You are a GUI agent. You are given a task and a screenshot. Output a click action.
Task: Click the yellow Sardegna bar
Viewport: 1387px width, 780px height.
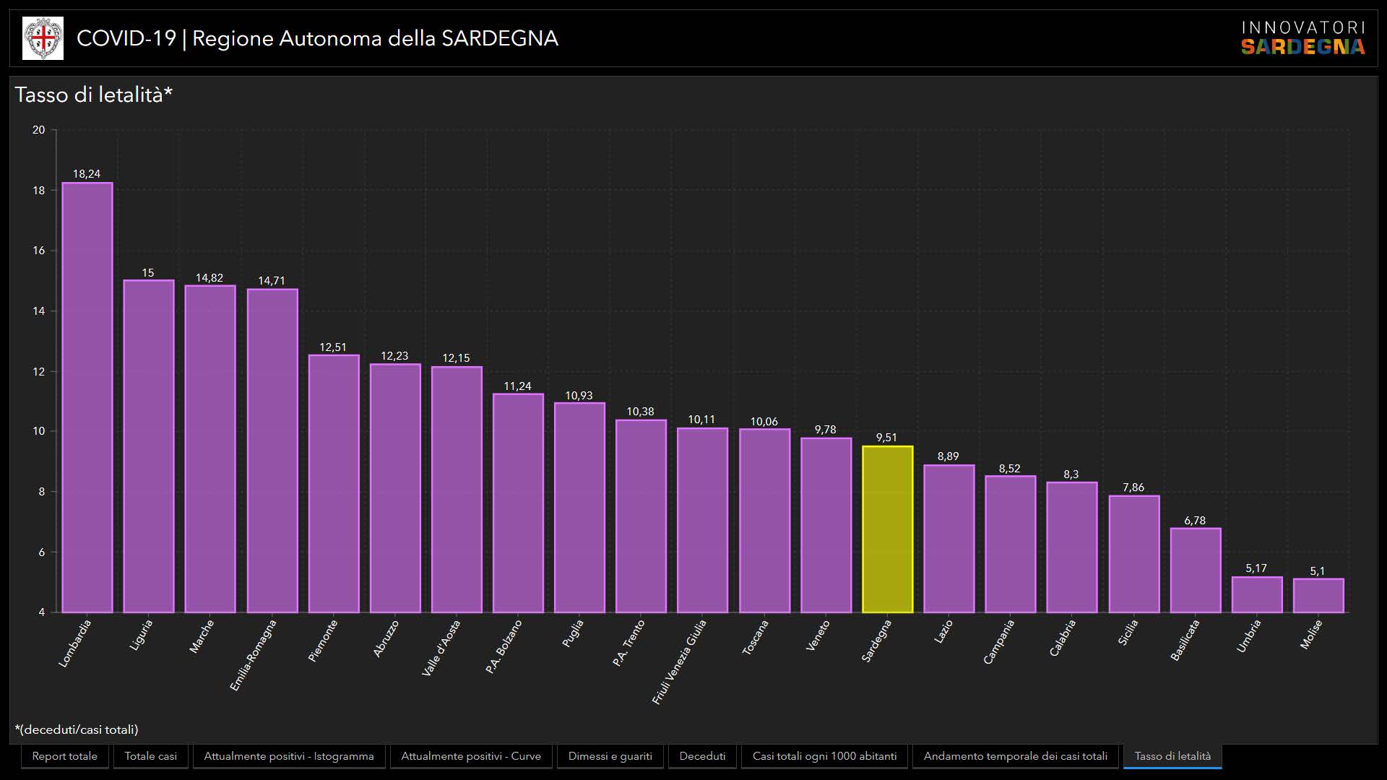[x=887, y=529]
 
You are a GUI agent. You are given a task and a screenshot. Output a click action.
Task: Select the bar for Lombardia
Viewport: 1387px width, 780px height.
[x=87, y=397]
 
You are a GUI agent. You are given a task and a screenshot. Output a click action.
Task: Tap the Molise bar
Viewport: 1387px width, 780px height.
[x=1318, y=595]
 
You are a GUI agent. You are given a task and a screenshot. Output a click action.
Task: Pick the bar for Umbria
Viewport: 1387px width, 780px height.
[x=1257, y=594]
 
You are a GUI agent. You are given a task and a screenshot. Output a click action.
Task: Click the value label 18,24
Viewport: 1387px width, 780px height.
[x=87, y=174]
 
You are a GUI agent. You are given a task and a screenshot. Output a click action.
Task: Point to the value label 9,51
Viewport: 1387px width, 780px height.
[x=886, y=438]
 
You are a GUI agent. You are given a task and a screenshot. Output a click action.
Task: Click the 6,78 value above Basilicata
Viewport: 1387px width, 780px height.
[x=1195, y=521]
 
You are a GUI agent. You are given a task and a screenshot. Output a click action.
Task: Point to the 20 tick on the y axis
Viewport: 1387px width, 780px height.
[x=39, y=130]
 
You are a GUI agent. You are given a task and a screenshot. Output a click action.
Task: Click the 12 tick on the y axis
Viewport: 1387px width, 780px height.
[x=39, y=371]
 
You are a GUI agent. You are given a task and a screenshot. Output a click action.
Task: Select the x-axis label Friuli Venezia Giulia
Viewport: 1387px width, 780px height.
[x=679, y=662]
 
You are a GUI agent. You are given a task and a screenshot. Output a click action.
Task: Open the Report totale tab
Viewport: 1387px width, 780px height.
[x=65, y=756]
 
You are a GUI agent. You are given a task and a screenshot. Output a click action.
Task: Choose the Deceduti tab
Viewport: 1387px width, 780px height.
[x=702, y=756]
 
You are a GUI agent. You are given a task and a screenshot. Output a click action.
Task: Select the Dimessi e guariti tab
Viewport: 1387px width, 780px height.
[x=610, y=756]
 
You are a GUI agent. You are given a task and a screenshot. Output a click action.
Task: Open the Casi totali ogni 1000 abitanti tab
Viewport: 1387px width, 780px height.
[x=824, y=756]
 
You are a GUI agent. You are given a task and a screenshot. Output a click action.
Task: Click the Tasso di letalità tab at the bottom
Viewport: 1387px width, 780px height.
[x=1172, y=756]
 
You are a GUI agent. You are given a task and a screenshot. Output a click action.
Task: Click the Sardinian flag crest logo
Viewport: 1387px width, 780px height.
[x=43, y=38]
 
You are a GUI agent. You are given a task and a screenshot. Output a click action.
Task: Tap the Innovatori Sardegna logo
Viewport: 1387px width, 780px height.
[x=1303, y=38]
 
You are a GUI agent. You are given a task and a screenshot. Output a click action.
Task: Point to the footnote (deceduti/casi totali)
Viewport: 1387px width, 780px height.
[x=77, y=729]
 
